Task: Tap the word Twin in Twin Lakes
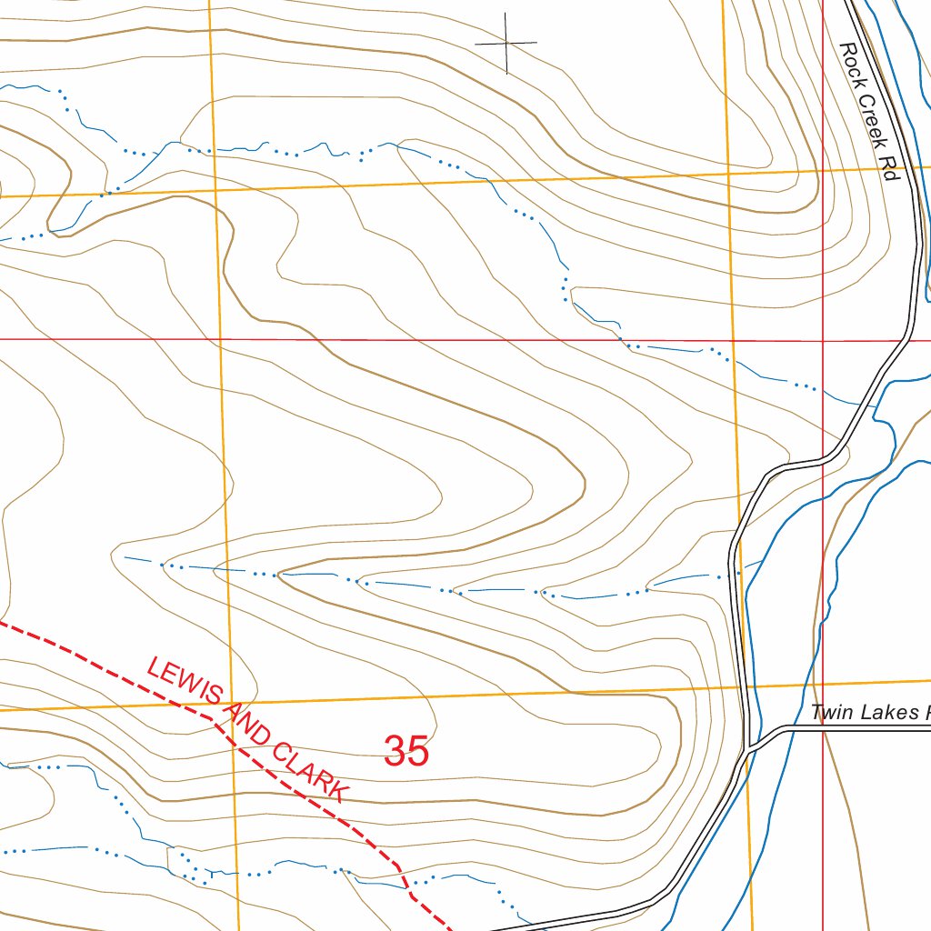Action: tap(831, 712)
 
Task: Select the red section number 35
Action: tap(406, 752)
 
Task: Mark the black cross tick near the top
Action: tap(506, 43)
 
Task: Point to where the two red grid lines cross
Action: tap(823, 340)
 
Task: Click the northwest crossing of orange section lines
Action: tap(215, 190)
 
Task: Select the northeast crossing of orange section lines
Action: tap(729, 173)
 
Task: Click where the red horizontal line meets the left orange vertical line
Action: tap(220, 339)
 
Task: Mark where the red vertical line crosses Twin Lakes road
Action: tap(823, 728)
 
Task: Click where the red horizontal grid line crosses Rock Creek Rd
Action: tap(906, 340)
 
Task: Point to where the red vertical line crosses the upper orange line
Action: tap(823, 170)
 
